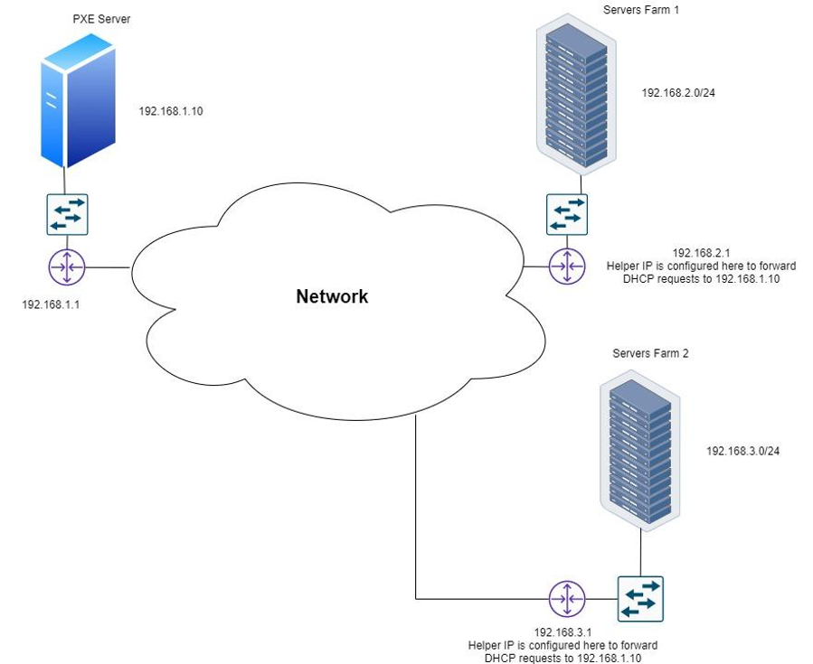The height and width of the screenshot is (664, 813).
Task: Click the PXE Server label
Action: [97, 19]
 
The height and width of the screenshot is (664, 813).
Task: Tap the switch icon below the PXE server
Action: [66, 214]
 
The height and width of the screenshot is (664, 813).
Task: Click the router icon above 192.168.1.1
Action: [66, 267]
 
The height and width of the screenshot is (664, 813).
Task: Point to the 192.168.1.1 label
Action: [51, 304]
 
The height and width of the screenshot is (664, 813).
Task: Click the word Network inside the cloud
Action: [332, 296]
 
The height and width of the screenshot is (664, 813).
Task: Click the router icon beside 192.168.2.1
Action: [567, 267]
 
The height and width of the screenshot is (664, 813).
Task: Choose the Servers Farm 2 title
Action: [650, 353]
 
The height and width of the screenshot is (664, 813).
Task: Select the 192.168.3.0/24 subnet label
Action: [742, 450]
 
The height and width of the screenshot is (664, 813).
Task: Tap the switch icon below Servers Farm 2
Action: [640, 598]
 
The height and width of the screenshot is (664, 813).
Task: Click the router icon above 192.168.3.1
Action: [567, 598]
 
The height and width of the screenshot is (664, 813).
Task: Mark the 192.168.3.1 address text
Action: [562, 632]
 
